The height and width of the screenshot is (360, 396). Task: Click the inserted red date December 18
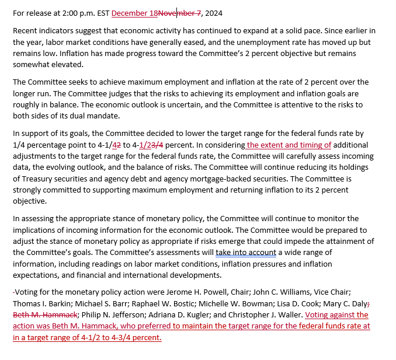click(x=134, y=13)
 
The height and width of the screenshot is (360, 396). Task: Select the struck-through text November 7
click(x=179, y=13)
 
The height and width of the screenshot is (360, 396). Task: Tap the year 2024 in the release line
click(x=213, y=13)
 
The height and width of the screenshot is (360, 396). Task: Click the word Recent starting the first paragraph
click(x=26, y=30)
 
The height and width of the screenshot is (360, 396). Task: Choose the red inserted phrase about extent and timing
click(x=289, y=145)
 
